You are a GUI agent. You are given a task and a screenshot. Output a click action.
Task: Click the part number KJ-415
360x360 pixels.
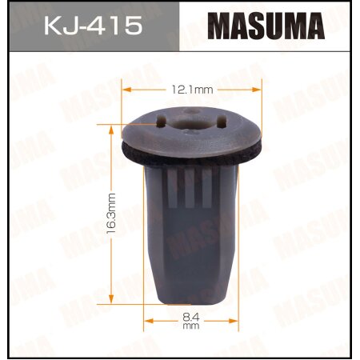[90, 26]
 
